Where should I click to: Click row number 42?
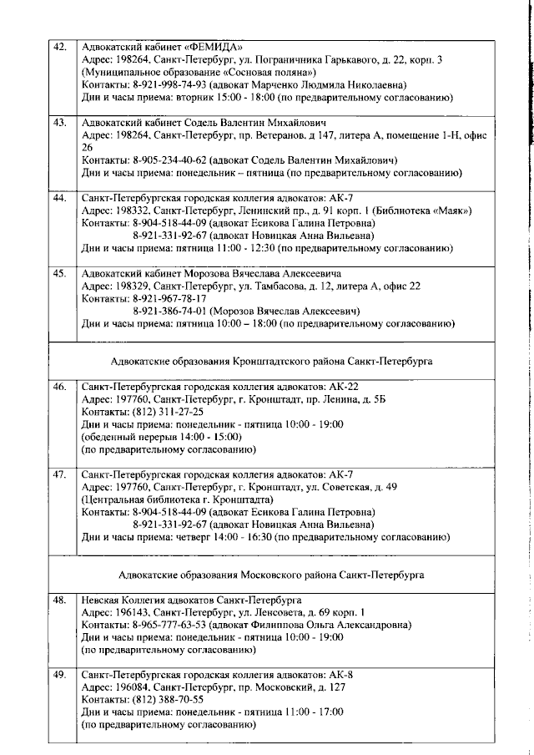coord(59,46)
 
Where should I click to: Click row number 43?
coord(59,122)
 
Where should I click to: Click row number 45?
coord(59,273)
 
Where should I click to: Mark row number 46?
coord(59,387)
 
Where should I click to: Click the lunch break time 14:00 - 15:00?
coord(203,437)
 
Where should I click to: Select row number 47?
coord(59,474)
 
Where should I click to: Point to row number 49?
coord(59,674)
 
